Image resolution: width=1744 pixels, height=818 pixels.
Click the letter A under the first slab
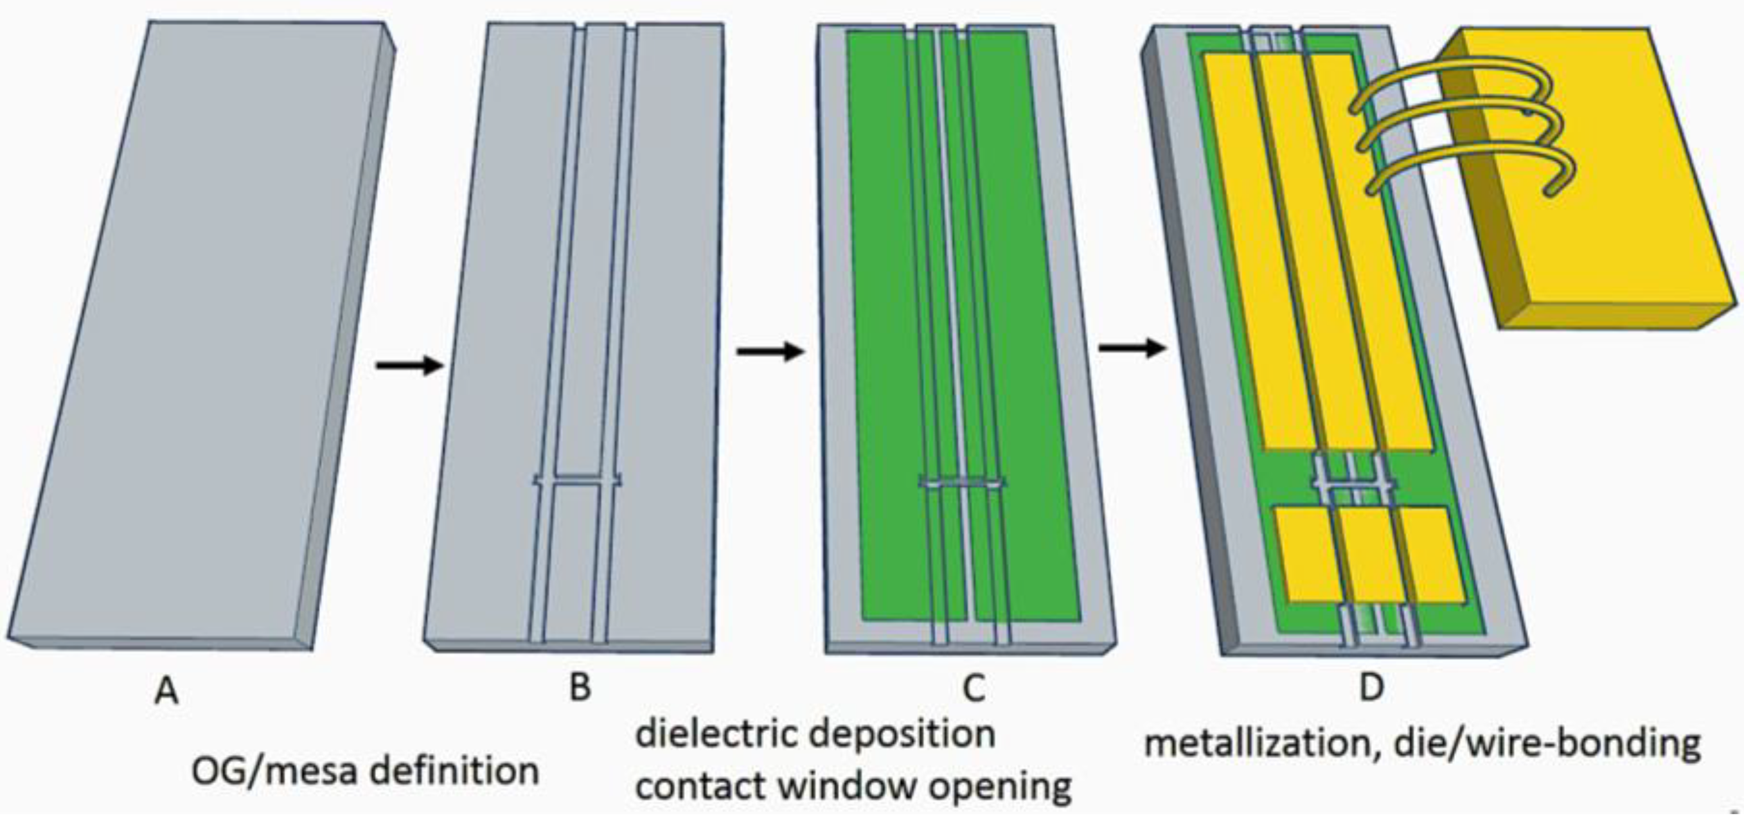pos(166,691)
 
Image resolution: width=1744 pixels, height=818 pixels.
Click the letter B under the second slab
pos(580,688)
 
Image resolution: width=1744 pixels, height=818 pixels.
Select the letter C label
pos(973,689)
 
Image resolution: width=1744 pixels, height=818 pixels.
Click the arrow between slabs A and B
pos(409,366)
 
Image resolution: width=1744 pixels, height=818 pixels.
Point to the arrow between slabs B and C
pos(770,351)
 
